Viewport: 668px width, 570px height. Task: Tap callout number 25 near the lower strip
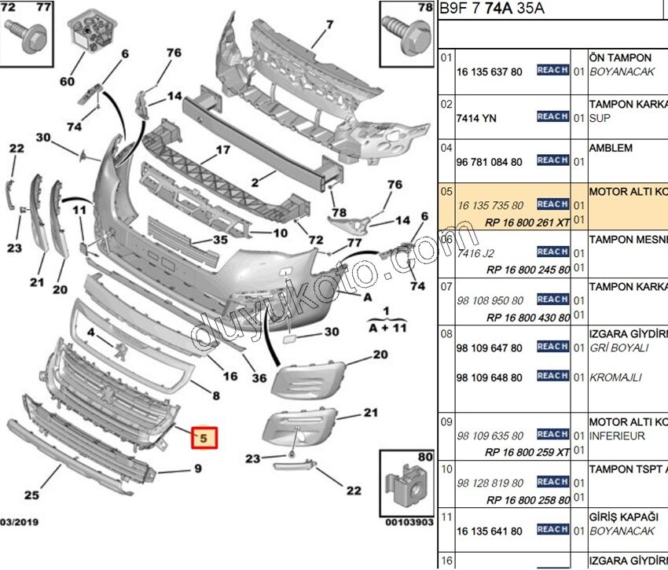(32, 495)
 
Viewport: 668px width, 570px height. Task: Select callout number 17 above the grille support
(222, 149)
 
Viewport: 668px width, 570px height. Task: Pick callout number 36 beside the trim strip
(259, 377)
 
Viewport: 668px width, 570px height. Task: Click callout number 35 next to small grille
(221, 240)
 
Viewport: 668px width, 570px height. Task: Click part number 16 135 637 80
(489, 72)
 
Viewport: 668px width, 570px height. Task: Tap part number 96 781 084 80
(489, 162)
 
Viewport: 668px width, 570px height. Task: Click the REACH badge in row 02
(552, 116)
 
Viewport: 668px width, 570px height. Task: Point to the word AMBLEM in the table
(611, 147)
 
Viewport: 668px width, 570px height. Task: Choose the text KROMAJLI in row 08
(618, 377)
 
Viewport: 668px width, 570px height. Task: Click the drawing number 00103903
(409, 521)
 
